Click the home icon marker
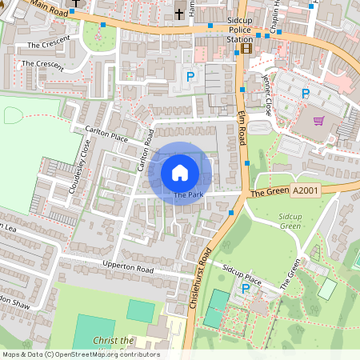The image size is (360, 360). point(180,172)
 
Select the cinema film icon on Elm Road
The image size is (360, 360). point(246,49)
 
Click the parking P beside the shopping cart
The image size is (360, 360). point(305,94)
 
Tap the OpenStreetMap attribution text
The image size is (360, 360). point(81,354)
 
